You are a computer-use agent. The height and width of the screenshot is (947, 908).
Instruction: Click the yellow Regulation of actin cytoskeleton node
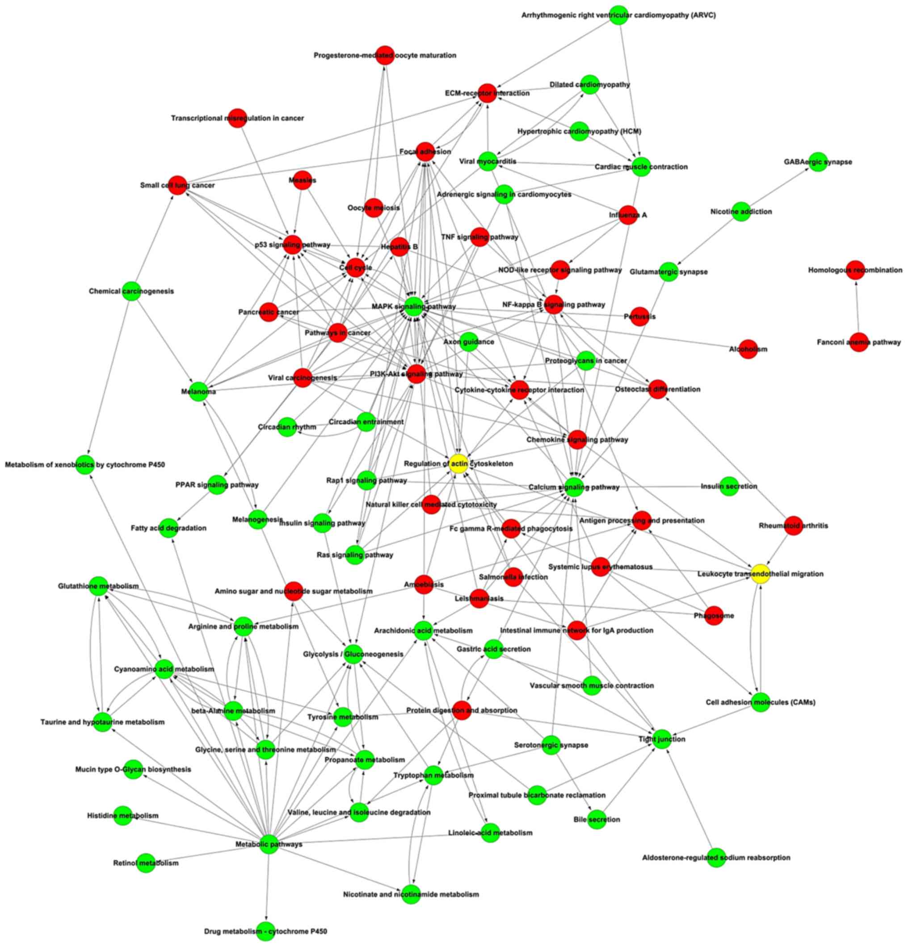458,464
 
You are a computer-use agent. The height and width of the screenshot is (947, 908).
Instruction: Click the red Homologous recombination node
855,270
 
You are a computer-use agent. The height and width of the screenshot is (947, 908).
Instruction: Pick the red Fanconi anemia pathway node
859,342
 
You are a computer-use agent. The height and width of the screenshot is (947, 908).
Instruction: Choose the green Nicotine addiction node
741,212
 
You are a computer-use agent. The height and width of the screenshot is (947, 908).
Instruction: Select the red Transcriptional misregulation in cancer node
237,118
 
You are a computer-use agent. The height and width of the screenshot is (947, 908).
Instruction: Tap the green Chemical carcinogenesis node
131,291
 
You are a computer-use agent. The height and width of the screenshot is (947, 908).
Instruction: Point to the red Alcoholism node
748,349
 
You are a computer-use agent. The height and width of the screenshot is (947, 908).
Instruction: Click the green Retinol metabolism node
146,863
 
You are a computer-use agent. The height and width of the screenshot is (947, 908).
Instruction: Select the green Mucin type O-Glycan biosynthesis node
133,769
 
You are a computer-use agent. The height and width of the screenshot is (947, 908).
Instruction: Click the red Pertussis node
639,317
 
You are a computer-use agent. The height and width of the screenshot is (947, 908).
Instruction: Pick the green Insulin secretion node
729,486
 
